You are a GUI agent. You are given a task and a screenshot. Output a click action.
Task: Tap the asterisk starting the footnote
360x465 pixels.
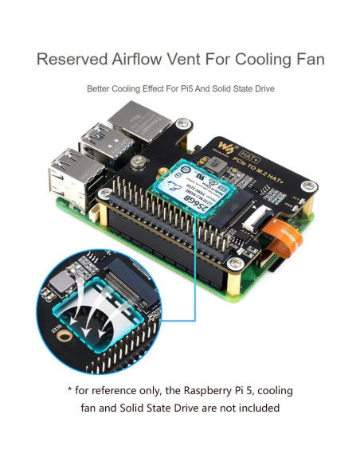(x=71, y=391)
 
